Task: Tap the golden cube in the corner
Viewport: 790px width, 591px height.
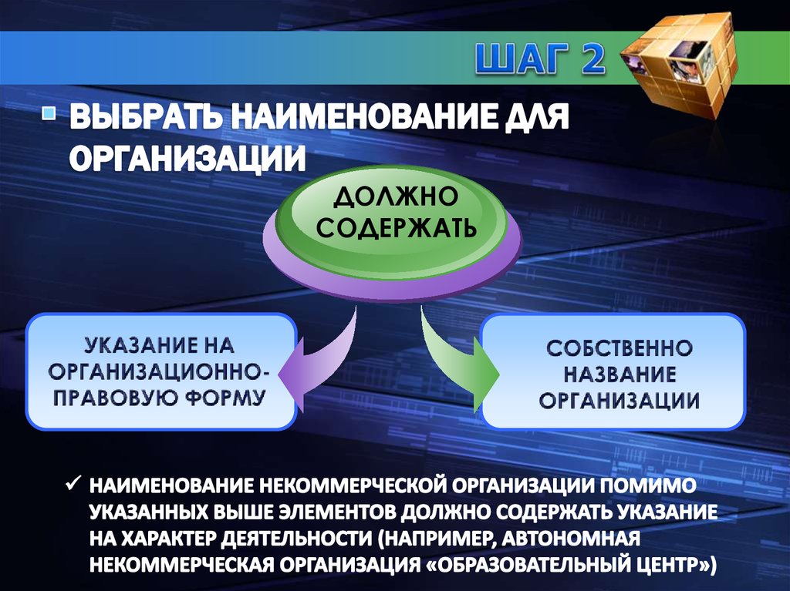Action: (680, 62)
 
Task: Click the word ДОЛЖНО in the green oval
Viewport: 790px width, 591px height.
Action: (395, 200)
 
